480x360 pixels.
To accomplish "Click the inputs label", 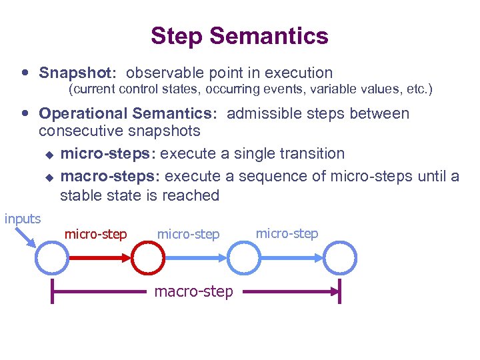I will click(x=23, y=219).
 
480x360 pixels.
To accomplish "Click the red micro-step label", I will click(x=95, y=235).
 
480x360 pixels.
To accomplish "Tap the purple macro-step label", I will click(x=193, y=292).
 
